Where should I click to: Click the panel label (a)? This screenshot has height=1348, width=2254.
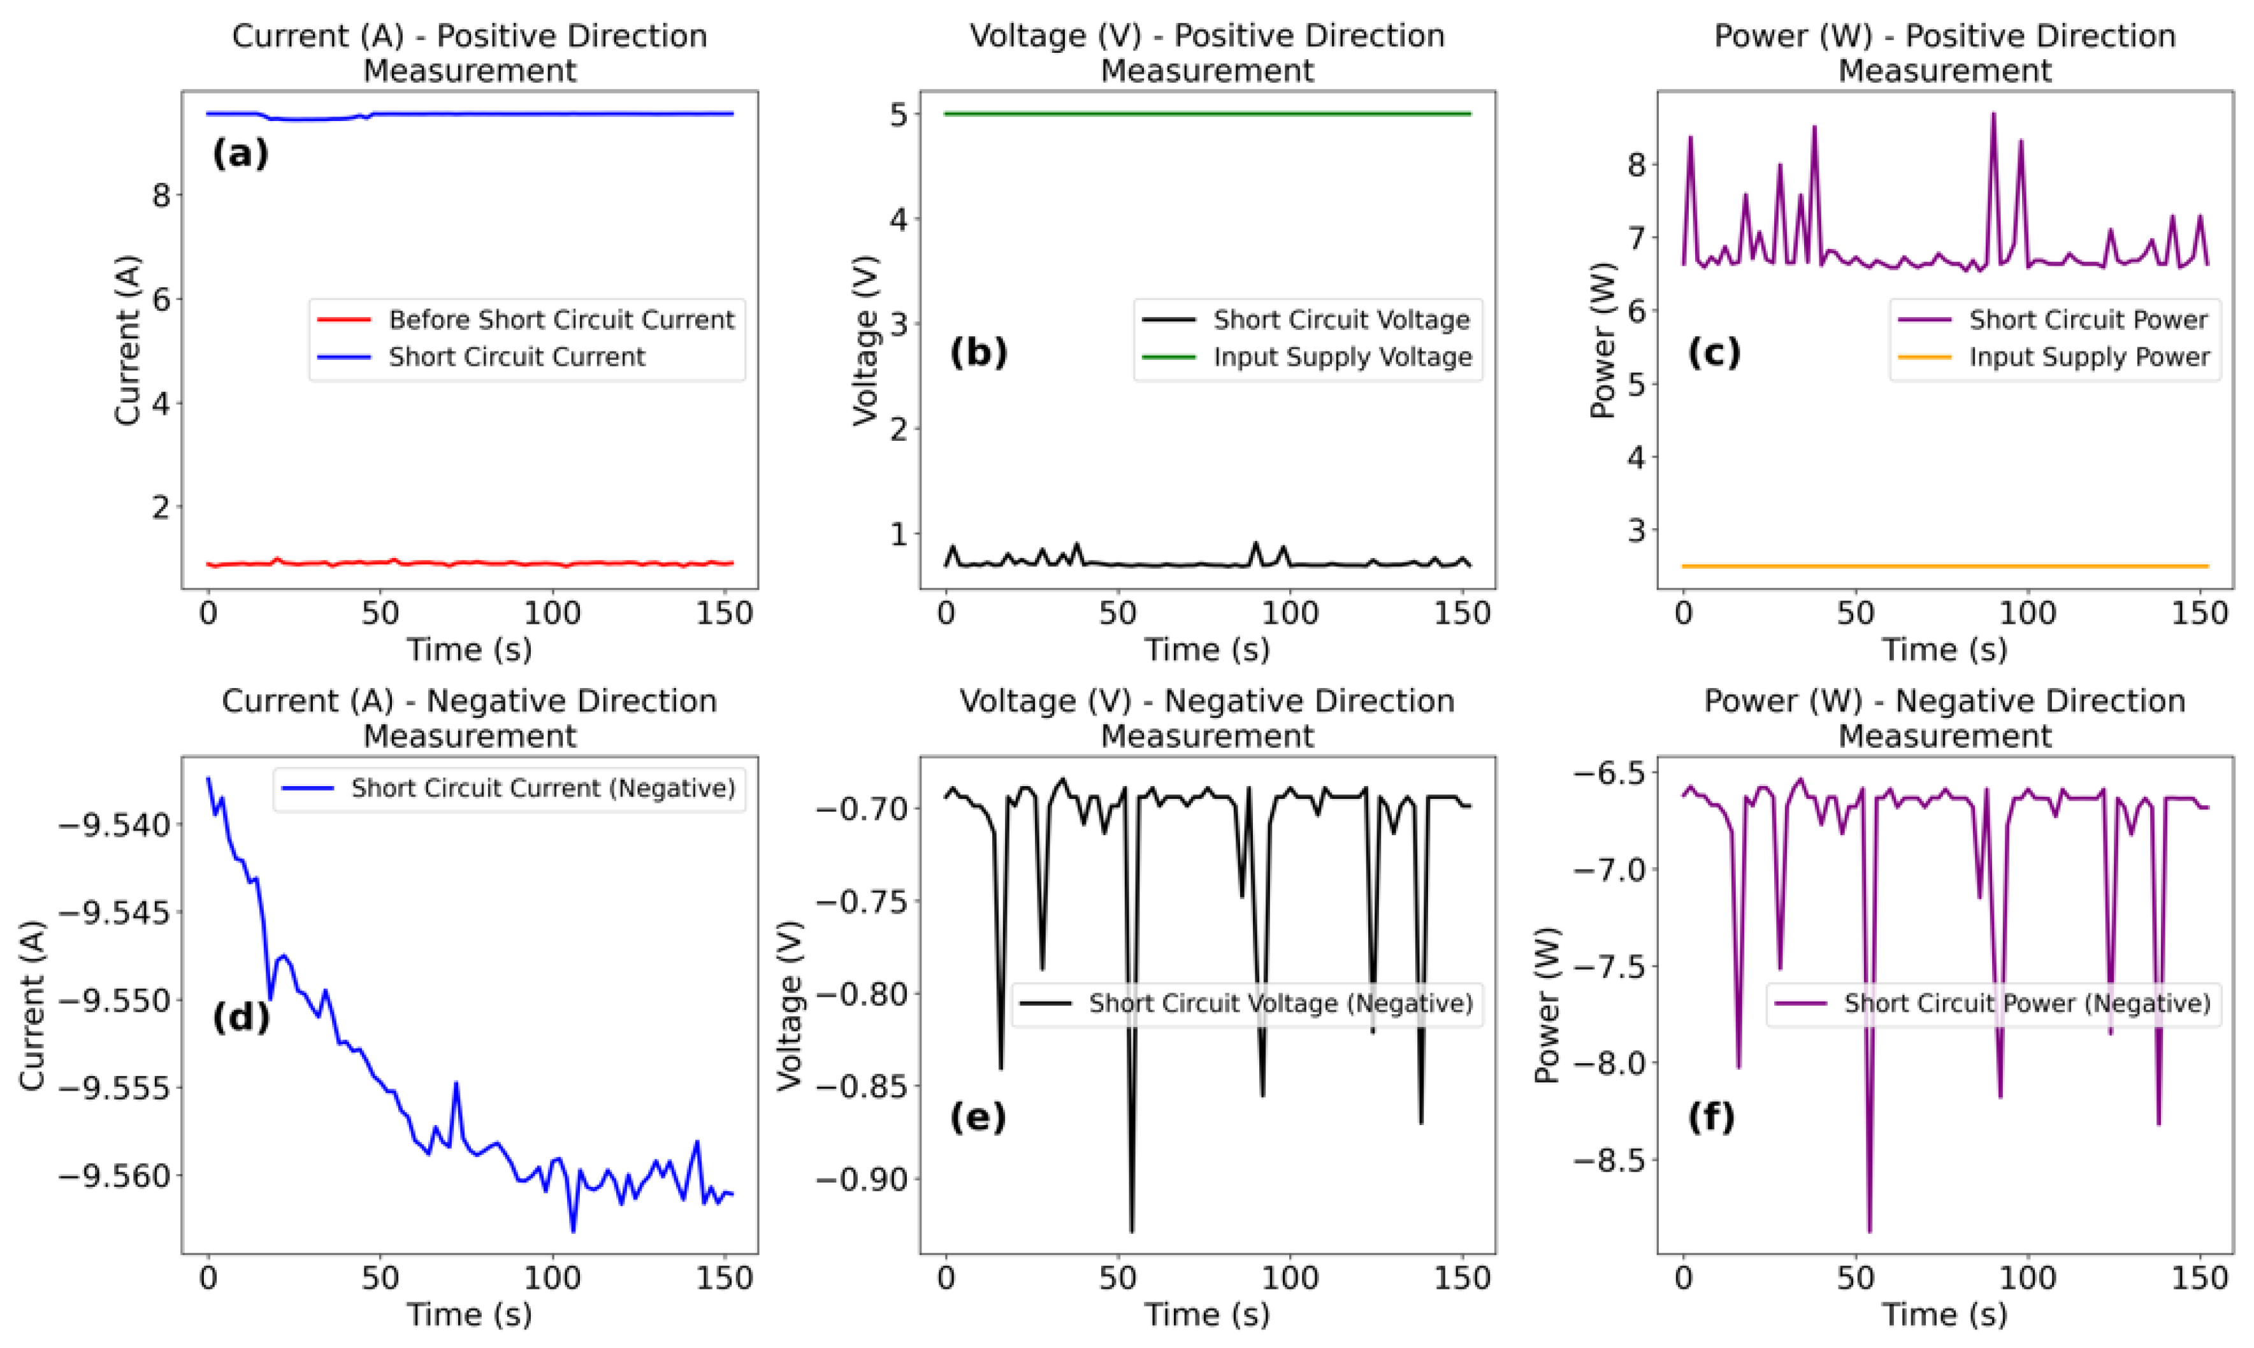240,154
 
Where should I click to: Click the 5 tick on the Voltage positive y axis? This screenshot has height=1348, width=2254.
899,115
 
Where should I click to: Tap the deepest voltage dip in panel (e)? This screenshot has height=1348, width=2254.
1131,1230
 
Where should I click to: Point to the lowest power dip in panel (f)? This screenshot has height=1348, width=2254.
1870,1230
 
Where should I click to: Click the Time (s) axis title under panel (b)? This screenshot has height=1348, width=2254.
1206,650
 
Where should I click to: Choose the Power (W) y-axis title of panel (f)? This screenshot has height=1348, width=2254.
1547,1005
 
